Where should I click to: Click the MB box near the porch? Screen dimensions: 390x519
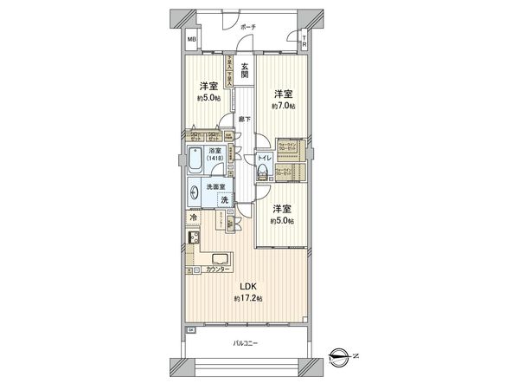pos(193,40)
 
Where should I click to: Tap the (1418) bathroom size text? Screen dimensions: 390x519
pos(214,160)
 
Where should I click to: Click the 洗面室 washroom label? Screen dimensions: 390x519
pos(216,186)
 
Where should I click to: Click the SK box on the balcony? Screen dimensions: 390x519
pos(191,329)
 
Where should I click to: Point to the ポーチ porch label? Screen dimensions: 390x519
pos(248,27)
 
